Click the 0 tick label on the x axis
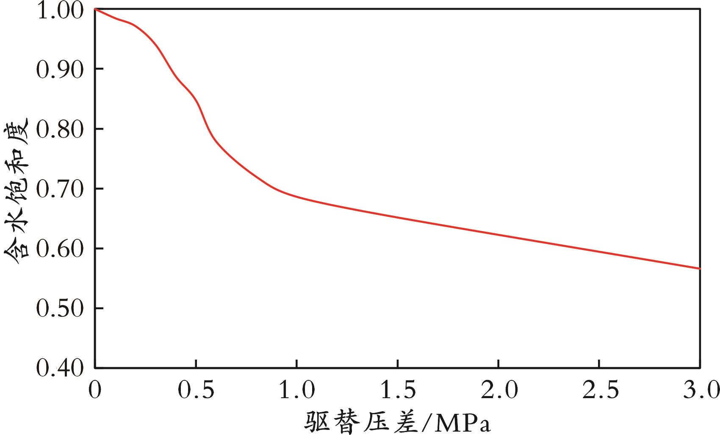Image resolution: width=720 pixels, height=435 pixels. tap(95, 390)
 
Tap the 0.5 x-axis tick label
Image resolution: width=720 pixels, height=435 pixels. tap(196, 390)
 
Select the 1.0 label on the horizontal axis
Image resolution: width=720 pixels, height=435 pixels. tap(296, 390)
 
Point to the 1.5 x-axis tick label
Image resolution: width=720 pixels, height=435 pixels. tap(397, 390)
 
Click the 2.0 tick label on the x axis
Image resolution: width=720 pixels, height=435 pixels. tap(498, 390)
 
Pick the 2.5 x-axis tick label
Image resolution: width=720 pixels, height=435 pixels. tap(599, 390)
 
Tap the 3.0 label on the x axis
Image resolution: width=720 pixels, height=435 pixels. tap(701, 390)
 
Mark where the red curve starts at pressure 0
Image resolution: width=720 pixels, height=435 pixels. tap(95, 9)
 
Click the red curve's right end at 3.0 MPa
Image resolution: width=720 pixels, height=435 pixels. tap(700, 268)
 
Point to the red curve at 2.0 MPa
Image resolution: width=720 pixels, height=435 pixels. tap(498, 234)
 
